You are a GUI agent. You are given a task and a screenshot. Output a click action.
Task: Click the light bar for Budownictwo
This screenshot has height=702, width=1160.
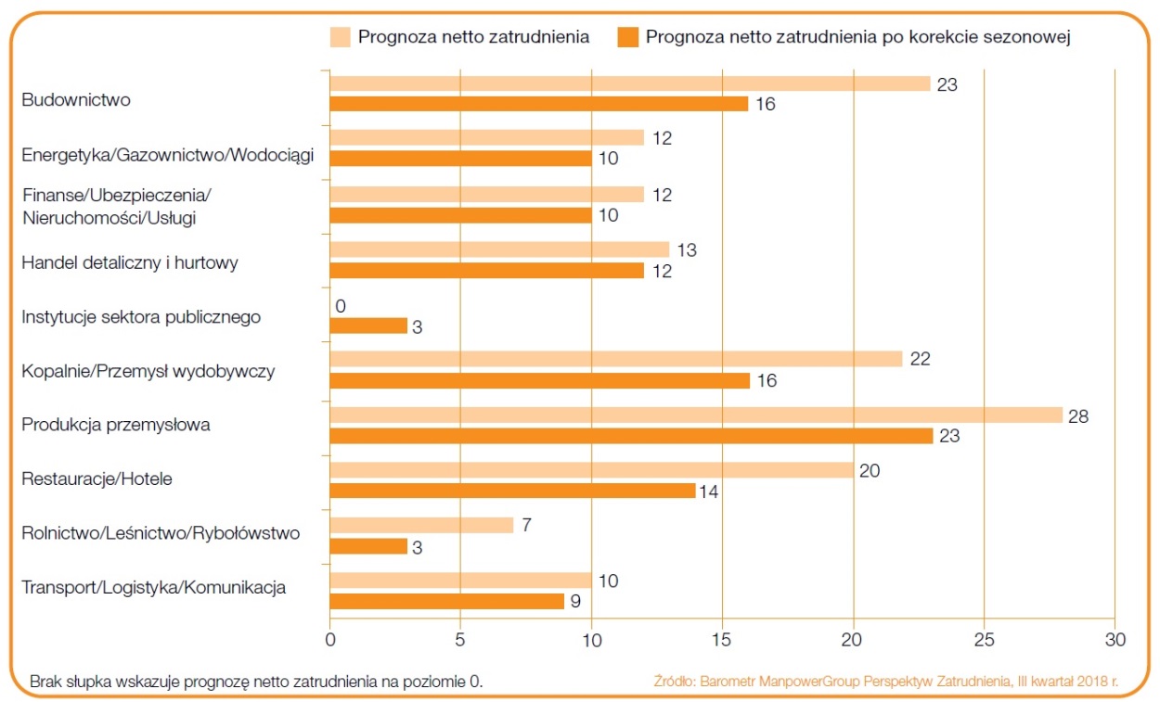tap(629, 83)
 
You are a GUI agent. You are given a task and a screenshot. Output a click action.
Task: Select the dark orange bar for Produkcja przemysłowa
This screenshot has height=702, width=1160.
tap(631, 436)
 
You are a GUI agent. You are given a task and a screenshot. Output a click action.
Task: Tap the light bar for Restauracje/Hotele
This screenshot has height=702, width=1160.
tap(591, 470)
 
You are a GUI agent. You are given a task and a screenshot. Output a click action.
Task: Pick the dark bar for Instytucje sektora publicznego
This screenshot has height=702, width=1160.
tap(368, 325)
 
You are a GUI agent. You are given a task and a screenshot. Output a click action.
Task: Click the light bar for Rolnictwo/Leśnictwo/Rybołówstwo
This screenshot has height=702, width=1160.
tap(421, 525)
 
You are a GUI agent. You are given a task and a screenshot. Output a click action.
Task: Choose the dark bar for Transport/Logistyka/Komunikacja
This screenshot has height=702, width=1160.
tap(447, 601)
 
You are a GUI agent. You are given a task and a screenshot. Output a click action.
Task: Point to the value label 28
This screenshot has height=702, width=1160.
tap(1078, 416)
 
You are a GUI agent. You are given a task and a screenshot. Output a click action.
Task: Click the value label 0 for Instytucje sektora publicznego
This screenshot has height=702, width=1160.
tap(341, 306)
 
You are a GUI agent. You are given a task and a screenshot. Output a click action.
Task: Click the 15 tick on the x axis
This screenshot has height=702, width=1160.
tap(722, 639)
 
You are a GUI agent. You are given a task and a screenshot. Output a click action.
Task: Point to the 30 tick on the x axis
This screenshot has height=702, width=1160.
tap(1115, 639)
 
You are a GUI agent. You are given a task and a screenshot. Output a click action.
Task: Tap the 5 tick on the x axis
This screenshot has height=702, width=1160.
tap(461, 639)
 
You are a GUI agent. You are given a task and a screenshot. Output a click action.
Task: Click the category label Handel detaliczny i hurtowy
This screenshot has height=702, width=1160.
tap(130, 262)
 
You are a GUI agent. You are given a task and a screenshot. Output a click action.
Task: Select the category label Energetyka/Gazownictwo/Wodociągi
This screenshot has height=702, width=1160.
tap(168, 155)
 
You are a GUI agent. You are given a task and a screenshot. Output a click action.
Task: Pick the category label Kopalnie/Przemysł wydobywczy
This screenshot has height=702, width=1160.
tap(148, 371)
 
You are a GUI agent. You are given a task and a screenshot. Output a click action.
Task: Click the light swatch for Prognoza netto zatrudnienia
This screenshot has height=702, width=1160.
tap(340, 37)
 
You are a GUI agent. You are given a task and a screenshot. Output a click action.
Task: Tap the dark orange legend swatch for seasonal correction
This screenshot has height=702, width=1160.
tap(627, 37)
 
